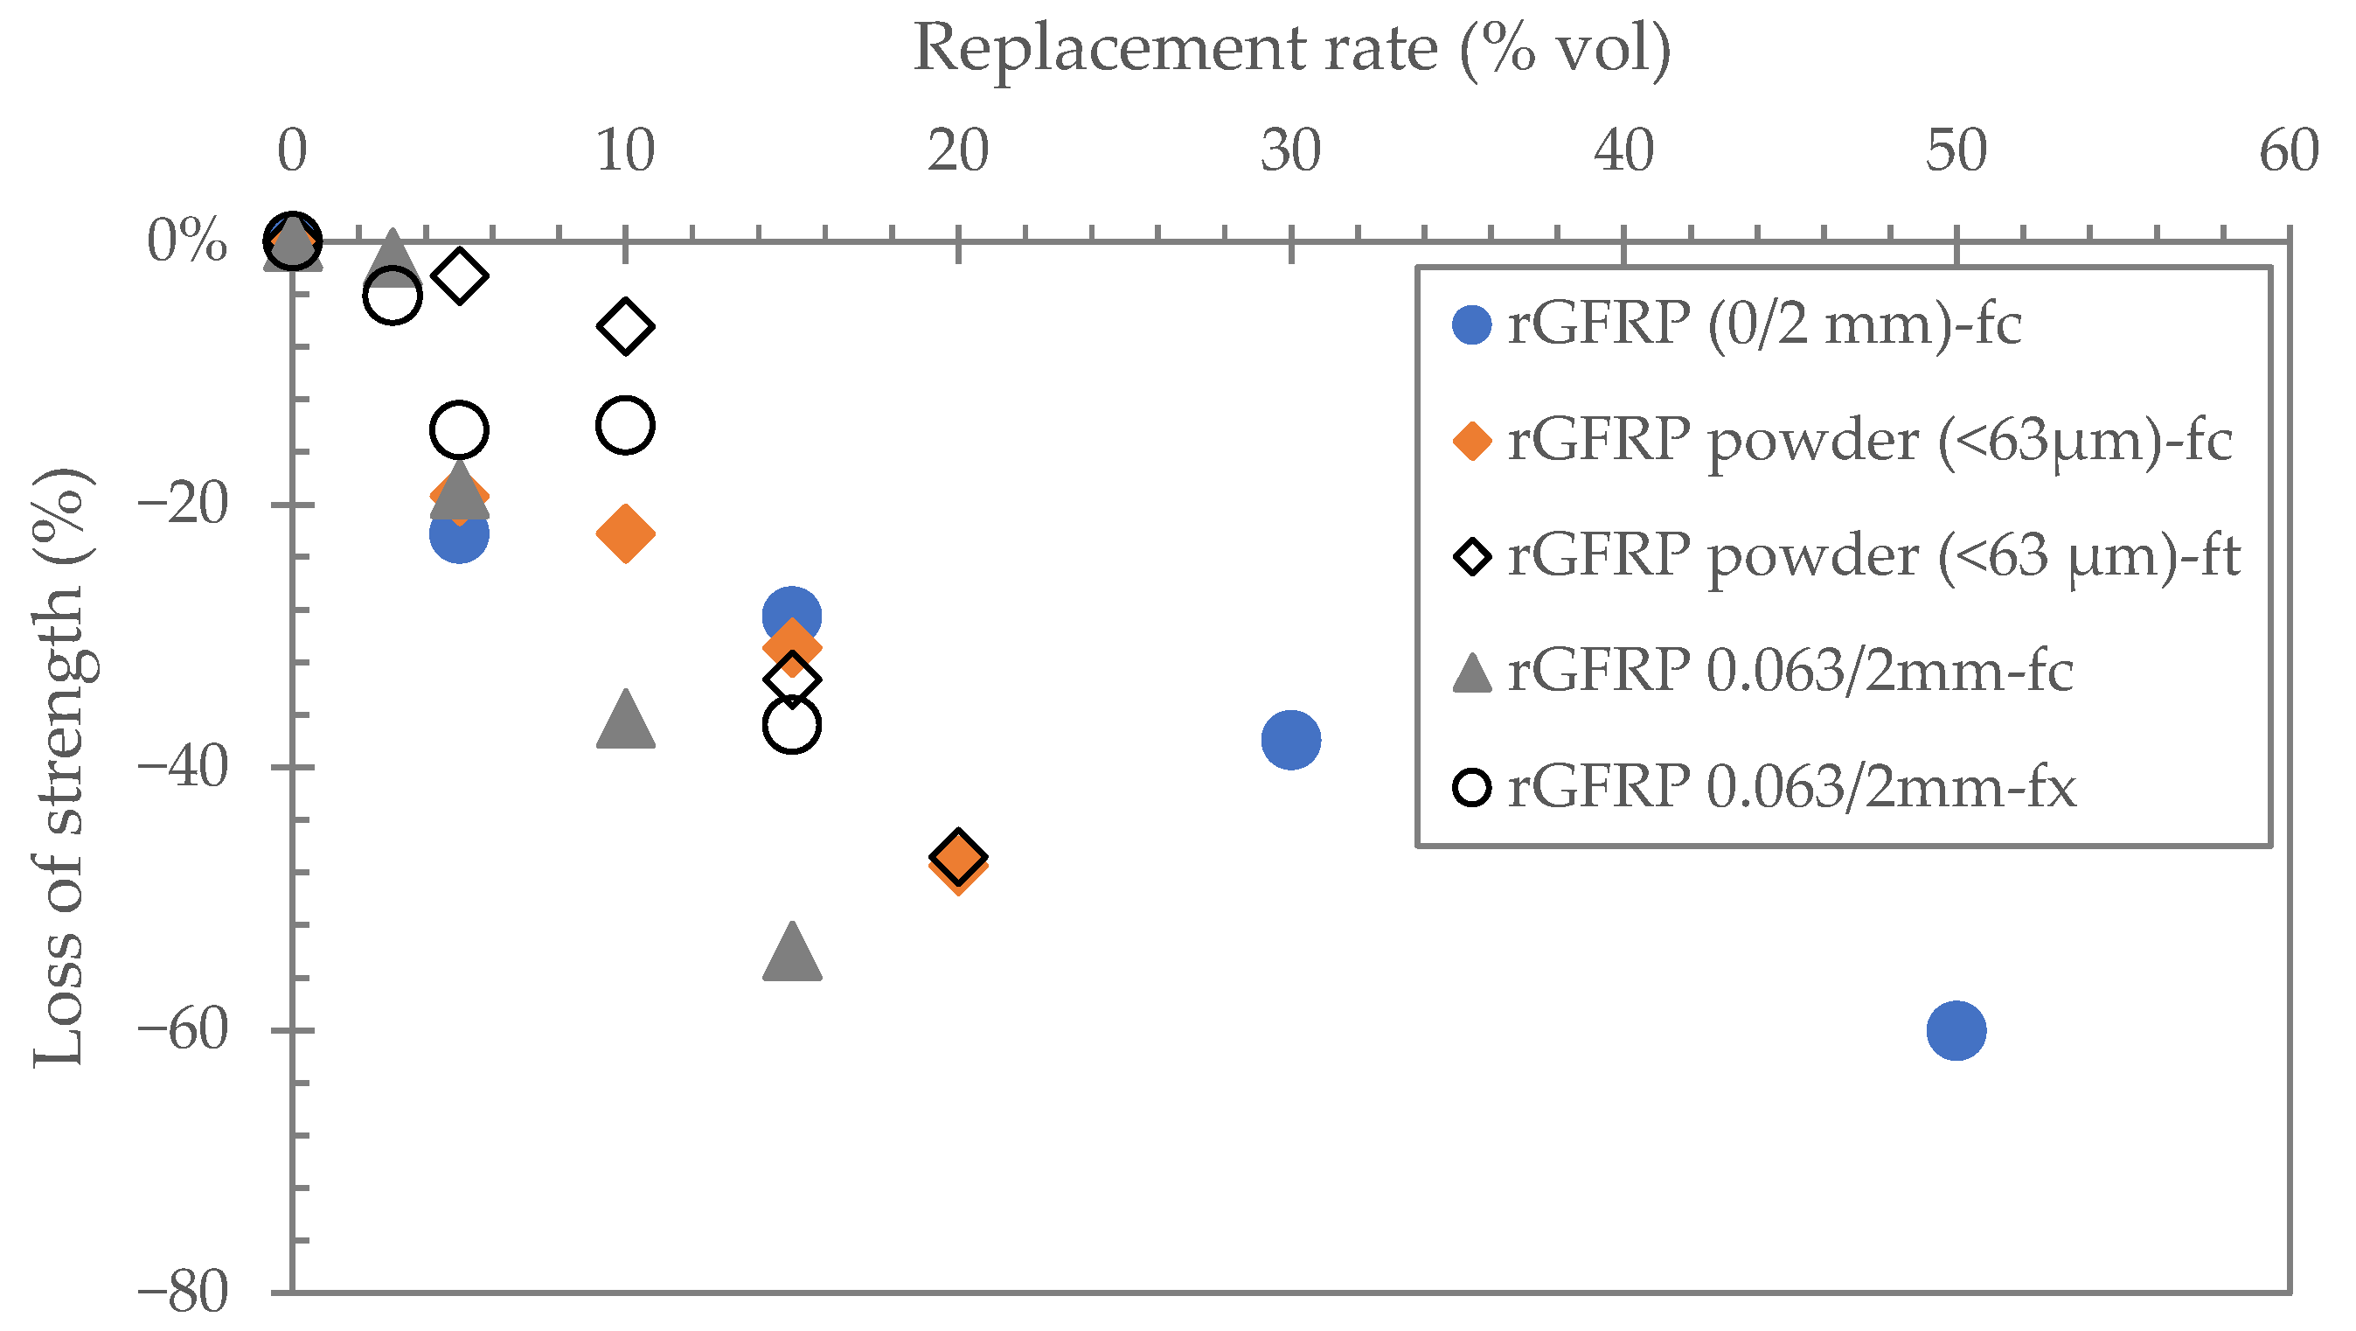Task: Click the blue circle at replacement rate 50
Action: (1956, 1030)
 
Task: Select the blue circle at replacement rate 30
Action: (1290, 739)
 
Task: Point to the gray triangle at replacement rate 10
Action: (626, 721)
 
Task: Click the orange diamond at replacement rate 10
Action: (626, 533)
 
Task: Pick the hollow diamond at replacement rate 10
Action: (626, 325)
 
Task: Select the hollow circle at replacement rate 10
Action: (626, 425)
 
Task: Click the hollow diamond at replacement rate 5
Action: (459, 275)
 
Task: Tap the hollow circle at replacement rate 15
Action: (792, 724)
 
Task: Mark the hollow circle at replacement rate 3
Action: (392, 296)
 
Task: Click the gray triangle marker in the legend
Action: (1472, 673)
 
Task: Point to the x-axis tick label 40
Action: (1623, 151)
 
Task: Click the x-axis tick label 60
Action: (2290, 151)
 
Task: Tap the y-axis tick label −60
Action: (181, 1030)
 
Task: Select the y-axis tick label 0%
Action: (186, 242)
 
